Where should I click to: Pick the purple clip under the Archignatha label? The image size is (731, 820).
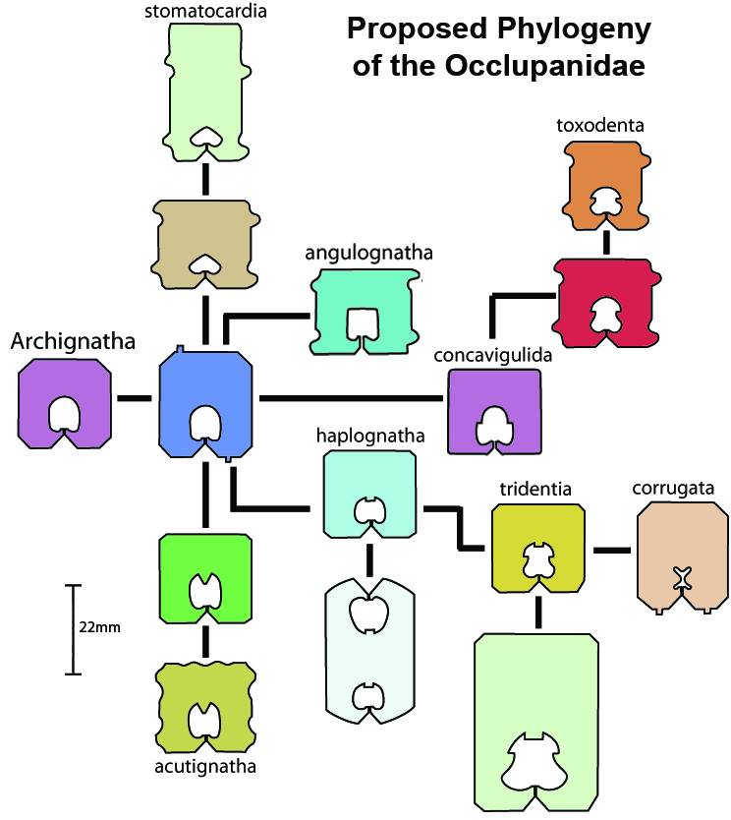(x=65, y=403)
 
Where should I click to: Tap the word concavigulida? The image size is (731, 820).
(x=493, y=354)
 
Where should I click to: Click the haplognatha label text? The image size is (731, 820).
(x=369, y=434)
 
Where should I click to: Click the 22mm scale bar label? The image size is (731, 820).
(x=100, y=626)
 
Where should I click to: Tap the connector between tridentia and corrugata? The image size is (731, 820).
(x=611, y=550)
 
